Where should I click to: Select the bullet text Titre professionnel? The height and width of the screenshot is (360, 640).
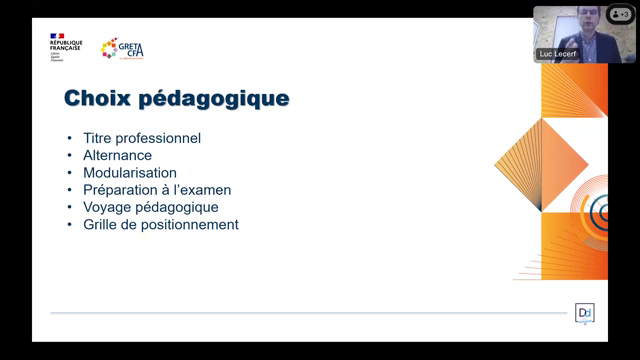coord(142,138)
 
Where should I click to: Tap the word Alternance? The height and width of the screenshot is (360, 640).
coord(118,155)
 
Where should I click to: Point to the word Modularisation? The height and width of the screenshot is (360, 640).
coord(130,172)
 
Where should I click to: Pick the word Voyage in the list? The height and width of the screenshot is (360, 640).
coord(106,207)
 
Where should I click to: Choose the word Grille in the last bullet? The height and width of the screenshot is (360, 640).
coord(102,224)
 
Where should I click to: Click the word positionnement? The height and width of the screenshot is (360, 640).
coord(191,225)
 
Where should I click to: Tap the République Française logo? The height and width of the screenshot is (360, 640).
coord(65,46)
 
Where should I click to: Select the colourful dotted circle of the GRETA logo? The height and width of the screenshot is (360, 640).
coord(109,48)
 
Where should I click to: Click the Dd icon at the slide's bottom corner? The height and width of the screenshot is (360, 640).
coord(585,313)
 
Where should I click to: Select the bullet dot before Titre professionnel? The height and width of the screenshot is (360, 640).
coord(69,138)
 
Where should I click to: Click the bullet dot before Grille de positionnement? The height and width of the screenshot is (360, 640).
coord(69,225)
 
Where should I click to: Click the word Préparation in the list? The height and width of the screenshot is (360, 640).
coord(119,190)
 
